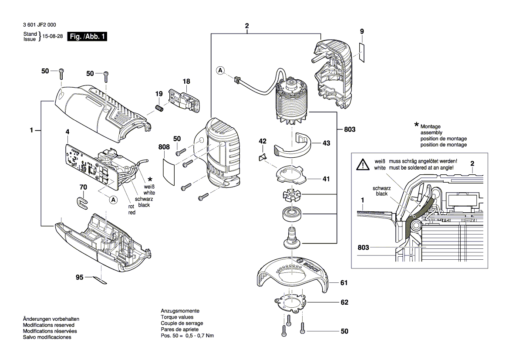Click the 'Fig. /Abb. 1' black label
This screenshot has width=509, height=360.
click(x=87, y=36)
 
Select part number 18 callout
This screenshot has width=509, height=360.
click(x=186, y=81)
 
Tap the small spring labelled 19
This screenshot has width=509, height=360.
click(x=159, y=108)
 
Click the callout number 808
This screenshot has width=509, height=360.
click(x=164, y=147)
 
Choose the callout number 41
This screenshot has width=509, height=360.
click(x=326, y=179)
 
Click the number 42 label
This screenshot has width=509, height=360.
click(x=263, y=141)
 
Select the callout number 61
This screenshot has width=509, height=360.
click(x=344, y=283)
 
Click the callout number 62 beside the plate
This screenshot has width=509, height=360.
click(x=344, y=302)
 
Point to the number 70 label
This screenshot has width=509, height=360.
click(x=84, y=187)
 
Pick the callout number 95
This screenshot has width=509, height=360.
click(x=80, y=277)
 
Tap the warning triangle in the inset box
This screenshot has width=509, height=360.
click(x=363, y=165)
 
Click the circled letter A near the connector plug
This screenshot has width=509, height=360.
click(x=220, y=70)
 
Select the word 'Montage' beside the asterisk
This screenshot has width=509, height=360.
click(x=431, y=126)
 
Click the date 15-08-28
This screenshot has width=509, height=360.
click(x=53, y=36)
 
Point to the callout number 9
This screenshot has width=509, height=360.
click(x=362, y=31)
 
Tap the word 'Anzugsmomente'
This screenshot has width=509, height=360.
click(x=180, y=311)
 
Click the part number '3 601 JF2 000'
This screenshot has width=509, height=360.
click(x=40, y=25)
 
